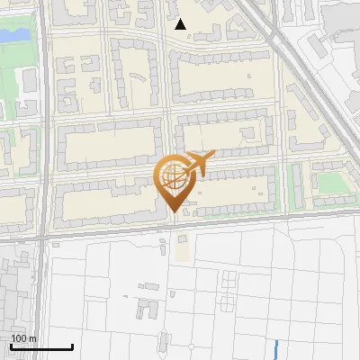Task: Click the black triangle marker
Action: coord(181,24)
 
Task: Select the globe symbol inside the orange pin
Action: coord(175,179)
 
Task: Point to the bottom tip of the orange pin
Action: coord(175,212)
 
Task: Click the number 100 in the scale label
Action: coord(18,338)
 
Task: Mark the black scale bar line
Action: coord(41,346)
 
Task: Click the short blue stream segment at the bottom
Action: coord(275,350)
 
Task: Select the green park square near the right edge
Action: coord(329,183)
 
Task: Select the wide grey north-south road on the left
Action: coord(42,135)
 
